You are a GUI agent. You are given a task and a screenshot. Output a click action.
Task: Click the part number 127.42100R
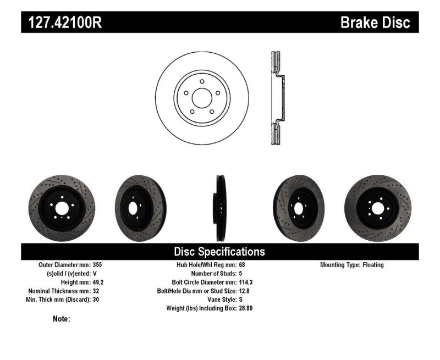tap(61, 23)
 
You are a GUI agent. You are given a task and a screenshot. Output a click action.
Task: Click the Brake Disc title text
tap(376, 23)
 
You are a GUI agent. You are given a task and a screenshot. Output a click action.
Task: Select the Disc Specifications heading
tap(219, 252)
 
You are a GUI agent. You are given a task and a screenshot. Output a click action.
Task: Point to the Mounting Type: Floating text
tap(352, 265)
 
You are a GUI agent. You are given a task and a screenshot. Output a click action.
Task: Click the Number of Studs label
tap(213, 274)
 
